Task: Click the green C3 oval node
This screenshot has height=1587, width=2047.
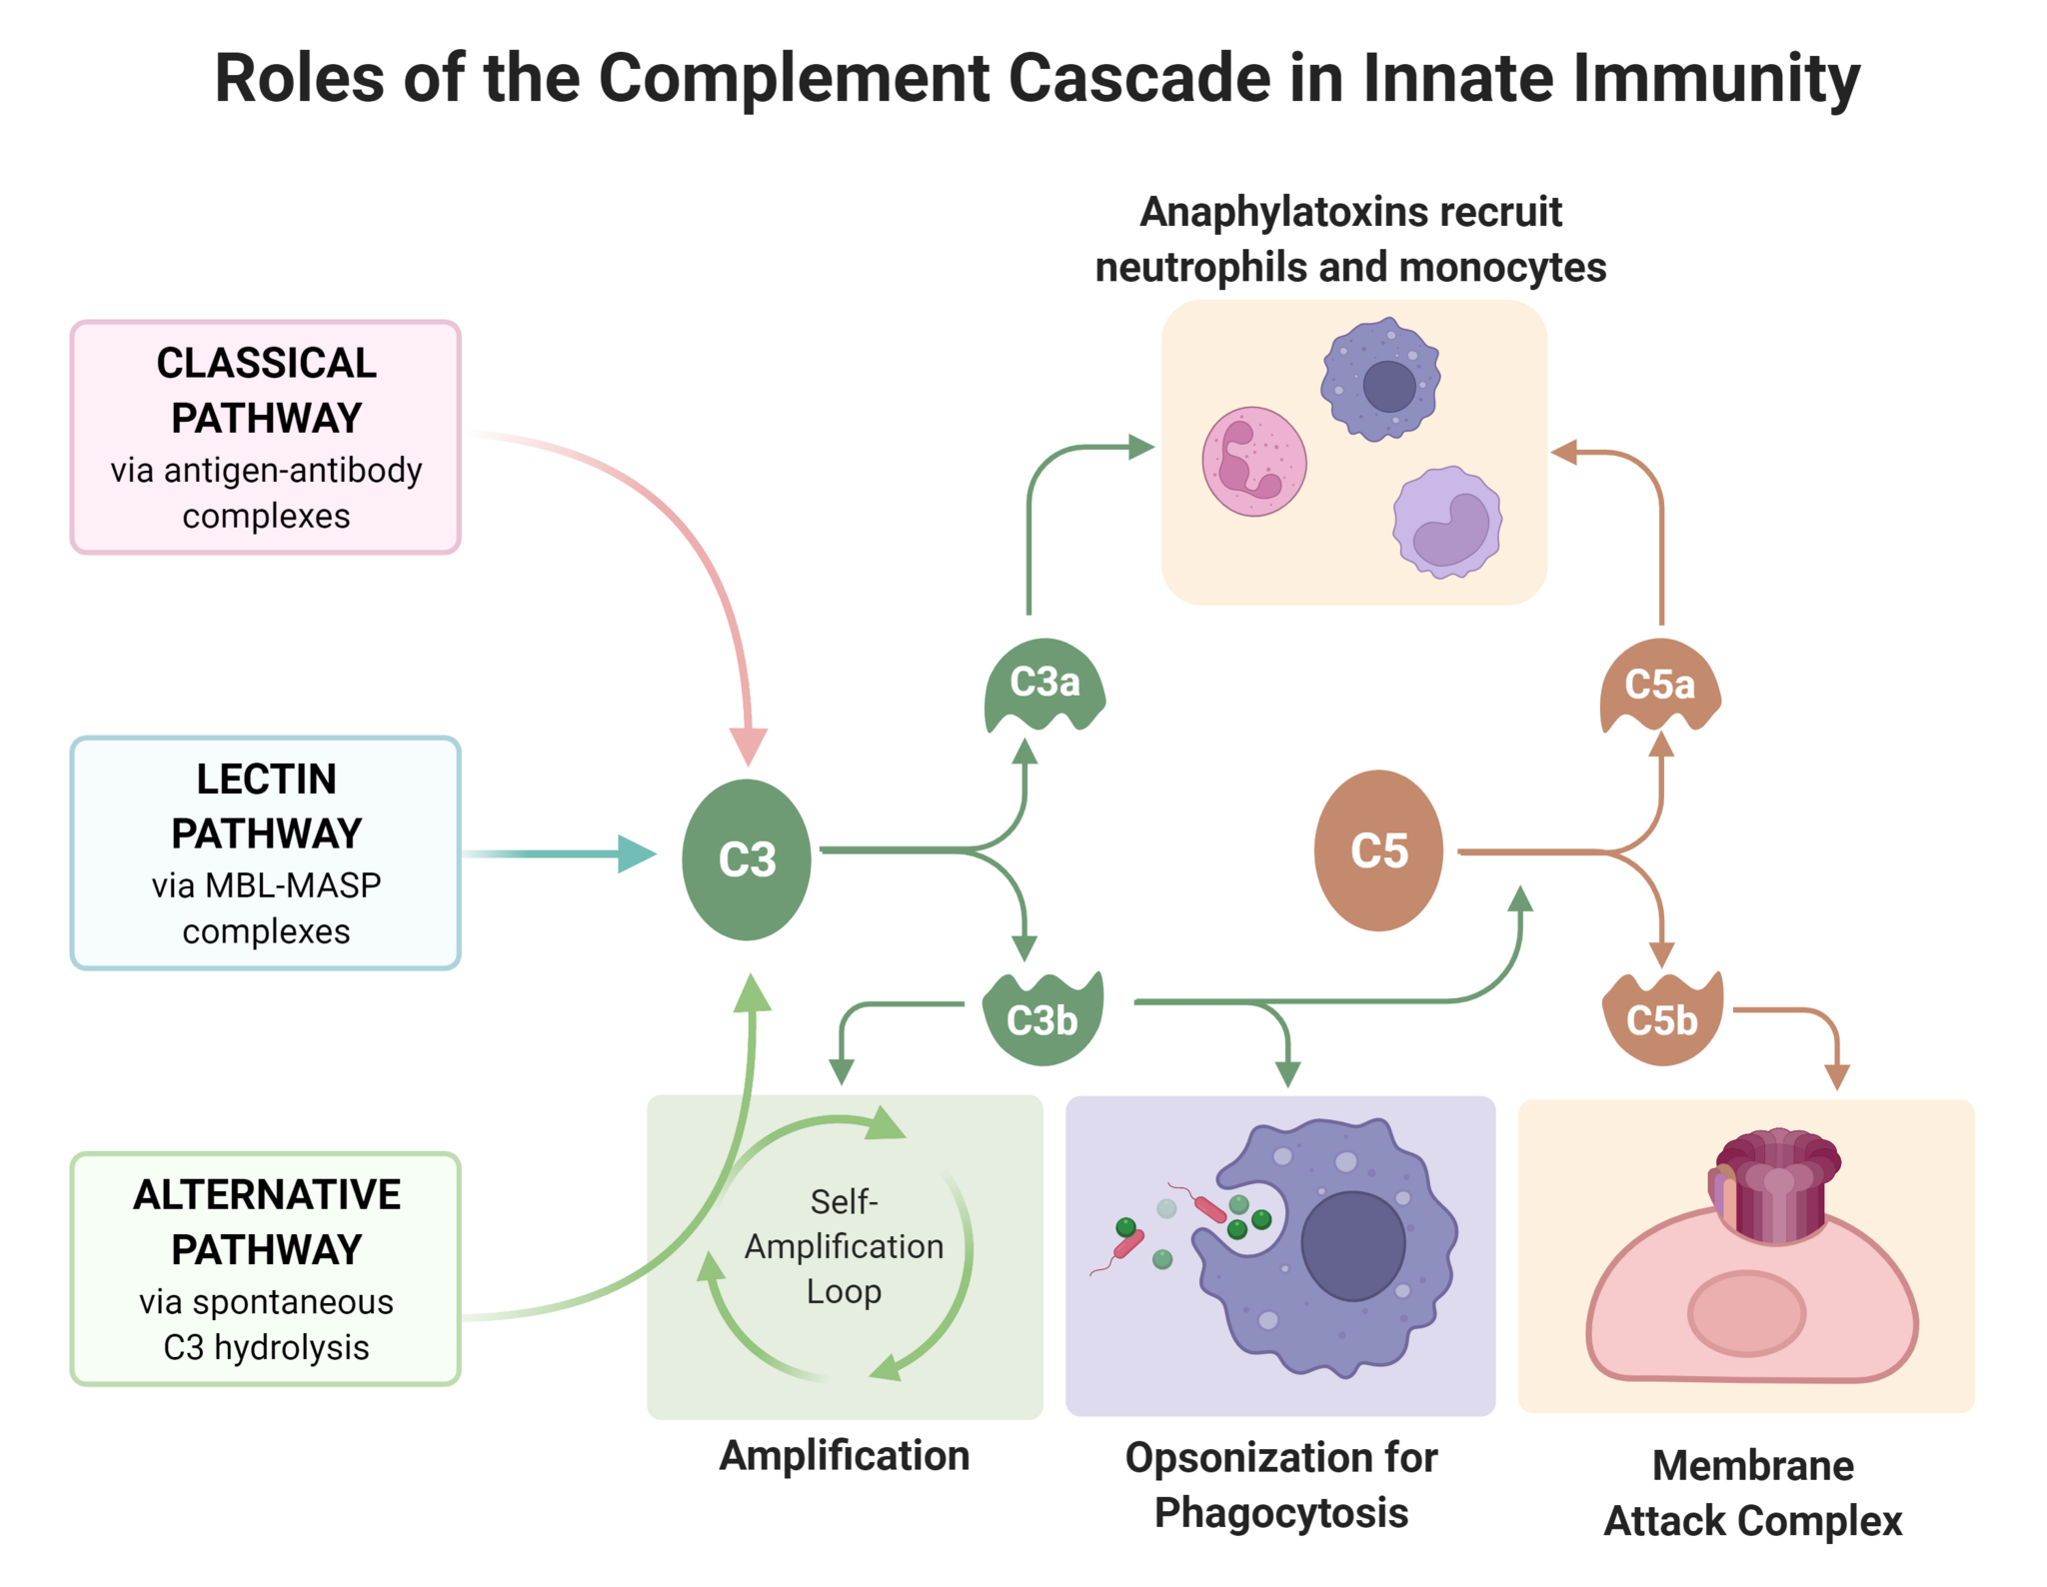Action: click(746, 858)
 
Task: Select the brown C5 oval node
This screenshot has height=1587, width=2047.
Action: click(1377, 850)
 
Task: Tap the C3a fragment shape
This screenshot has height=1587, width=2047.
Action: click(1043, 684)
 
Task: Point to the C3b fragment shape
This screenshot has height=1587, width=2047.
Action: click(1042, 1019)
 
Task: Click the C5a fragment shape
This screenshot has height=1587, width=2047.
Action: click(1659, 686)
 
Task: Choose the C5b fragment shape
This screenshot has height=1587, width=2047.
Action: click(1661, 1019)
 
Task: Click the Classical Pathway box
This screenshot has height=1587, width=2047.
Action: click(265, 437)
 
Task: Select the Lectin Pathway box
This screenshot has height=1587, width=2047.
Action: click(265, 852)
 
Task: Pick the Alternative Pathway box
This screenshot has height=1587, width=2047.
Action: click(265, 1268)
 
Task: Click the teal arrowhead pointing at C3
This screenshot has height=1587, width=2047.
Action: click(636, 853)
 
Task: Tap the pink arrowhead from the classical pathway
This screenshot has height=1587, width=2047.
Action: click(748, 746)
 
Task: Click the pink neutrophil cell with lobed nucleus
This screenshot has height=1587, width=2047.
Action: click(1253, 461)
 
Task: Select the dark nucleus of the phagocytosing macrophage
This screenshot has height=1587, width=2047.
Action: click(1352, 1245)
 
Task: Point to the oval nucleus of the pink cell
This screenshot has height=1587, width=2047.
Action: click(1746, 1313)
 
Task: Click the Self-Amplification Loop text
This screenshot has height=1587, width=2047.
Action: click(844, 1246)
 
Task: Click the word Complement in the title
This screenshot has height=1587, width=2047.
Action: click(794, 78)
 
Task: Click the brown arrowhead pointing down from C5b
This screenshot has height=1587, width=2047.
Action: click(1836, 1076)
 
